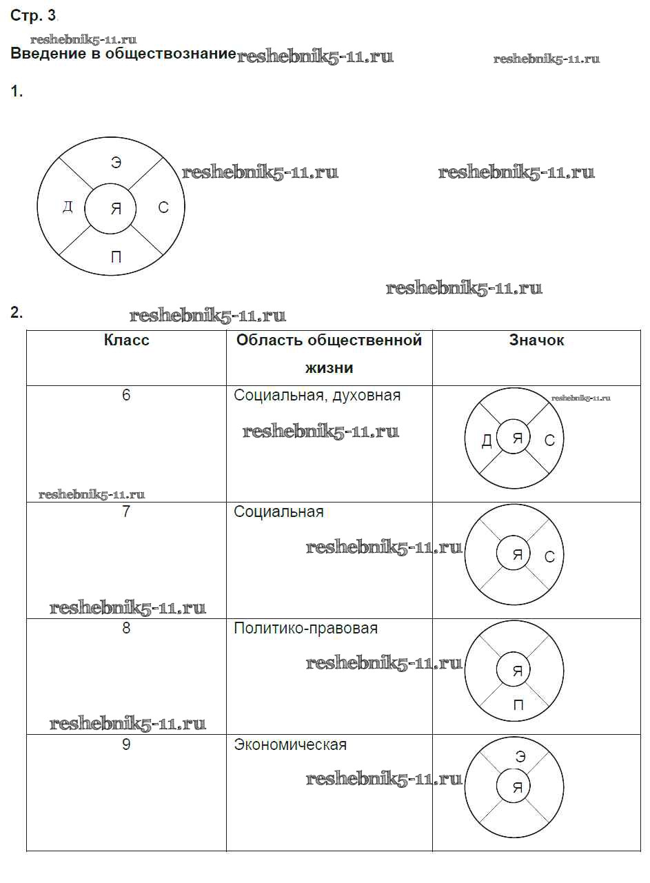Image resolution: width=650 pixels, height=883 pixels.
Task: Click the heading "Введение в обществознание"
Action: (123, 54)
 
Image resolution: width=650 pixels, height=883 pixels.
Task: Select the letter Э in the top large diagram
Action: (116, 163)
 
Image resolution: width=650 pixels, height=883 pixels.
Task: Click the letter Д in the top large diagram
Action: (67, 207)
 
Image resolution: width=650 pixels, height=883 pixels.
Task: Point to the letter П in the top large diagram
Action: (116, 258)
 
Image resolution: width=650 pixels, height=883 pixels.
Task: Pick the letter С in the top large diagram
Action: (163, 207)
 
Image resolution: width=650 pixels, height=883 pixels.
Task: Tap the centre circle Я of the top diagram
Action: (116, 209)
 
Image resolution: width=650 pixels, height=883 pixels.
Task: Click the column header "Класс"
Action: (126, 340)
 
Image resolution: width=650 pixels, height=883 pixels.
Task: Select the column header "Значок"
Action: (536, 340)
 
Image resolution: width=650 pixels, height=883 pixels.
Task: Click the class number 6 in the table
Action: (126, 396)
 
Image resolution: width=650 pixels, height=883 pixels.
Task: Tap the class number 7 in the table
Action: (126, 512)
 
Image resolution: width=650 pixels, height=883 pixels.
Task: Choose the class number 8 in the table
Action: (126, 629)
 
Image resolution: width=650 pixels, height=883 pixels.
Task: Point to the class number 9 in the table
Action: (126, 745)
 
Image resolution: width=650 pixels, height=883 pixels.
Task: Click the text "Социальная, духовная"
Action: (317, 396)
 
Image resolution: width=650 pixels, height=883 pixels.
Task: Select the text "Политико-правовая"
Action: (305, 629)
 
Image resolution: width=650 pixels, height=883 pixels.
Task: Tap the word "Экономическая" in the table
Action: (290, 745)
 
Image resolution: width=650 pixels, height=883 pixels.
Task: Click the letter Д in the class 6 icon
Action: (487, 440)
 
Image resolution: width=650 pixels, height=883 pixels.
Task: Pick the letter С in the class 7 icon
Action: (549, 556)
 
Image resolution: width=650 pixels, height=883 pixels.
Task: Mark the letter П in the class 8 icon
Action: (518, 705)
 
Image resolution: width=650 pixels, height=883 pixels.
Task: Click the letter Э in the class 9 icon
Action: (520, 757)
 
